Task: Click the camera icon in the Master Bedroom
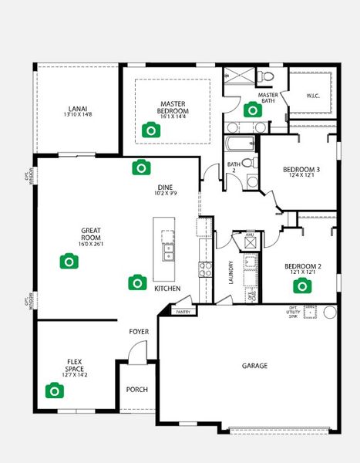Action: [x=151, y=130]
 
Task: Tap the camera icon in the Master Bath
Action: [x=252, y=110]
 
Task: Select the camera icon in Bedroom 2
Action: [x=301, y=286]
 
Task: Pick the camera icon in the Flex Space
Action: [x=53, y=390]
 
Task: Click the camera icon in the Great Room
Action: [x=69, y=262]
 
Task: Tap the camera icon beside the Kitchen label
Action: [x=137, y=282]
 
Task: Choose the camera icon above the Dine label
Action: [x=140, y=167]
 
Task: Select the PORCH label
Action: [x=136, y=390]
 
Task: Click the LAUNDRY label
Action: [x=230, y=272]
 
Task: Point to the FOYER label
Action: [x=139, y=332]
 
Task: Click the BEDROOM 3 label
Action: [x=301, y=170]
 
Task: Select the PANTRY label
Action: [x=183, y=312]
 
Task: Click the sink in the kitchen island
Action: [x=168, y=252]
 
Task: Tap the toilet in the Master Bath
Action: [x=265, y=77]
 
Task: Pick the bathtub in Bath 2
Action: [x=241, y=144]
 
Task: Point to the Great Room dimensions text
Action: [x=96, y=245]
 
